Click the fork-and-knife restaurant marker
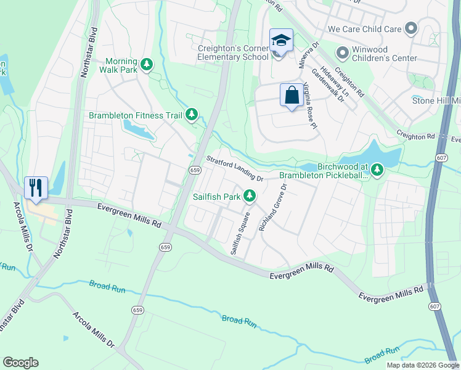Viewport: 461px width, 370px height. click(36, 187)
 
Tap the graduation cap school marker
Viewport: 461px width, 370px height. click(281, 41)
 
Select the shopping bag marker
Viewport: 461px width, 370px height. click(292, 96)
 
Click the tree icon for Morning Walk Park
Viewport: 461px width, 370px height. click(147, 64)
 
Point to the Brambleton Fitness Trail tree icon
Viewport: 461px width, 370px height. click(192, 115)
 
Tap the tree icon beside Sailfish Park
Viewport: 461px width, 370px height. click(250, 196)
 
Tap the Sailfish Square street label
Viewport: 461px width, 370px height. click(239, 234)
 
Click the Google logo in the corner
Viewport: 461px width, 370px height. click(21, 363)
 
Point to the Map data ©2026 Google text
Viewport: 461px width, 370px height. click(422, 365)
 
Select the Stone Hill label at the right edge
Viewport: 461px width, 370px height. click(436, 101)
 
